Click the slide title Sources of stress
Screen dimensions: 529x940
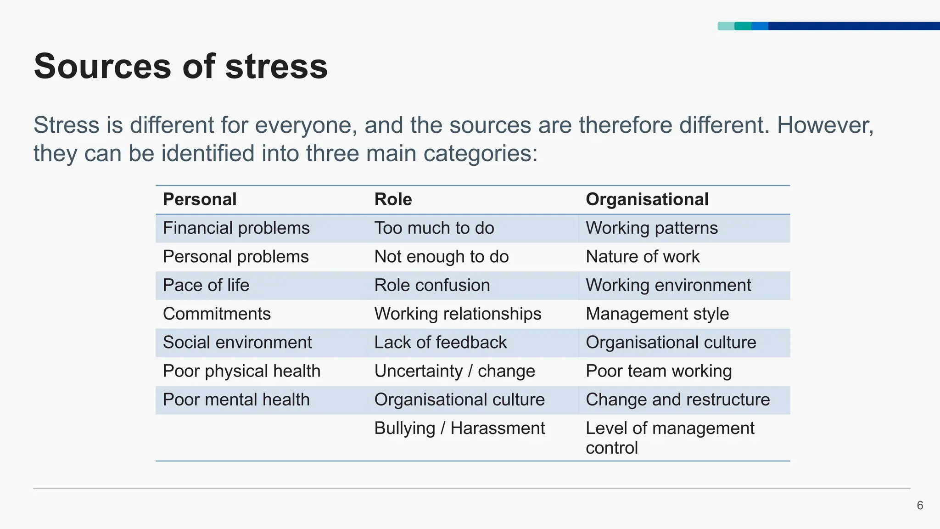(181, 67)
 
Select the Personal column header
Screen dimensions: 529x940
(200, 199)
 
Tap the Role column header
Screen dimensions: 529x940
(393, 199)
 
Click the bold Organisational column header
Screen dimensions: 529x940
(647, 199)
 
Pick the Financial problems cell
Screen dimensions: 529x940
(236, 228)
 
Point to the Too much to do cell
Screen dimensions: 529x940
(434, 228)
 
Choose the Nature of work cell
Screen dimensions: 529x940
(642, 257)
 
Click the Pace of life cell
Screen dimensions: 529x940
(206, 285)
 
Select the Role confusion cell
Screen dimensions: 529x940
(432, 285)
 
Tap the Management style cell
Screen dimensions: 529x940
(657, 314)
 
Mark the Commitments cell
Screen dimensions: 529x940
(217, 314)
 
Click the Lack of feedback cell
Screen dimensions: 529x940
(440, 343)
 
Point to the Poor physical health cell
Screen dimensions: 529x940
(241, 371)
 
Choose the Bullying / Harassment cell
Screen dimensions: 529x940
(459, 428)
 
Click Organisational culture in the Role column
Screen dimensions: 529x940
(459, 400)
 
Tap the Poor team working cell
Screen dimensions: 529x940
(658, 371)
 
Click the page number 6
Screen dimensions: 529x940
(920, 506)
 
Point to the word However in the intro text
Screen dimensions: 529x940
(825, 125)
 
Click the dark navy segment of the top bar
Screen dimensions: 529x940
(854, 26)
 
